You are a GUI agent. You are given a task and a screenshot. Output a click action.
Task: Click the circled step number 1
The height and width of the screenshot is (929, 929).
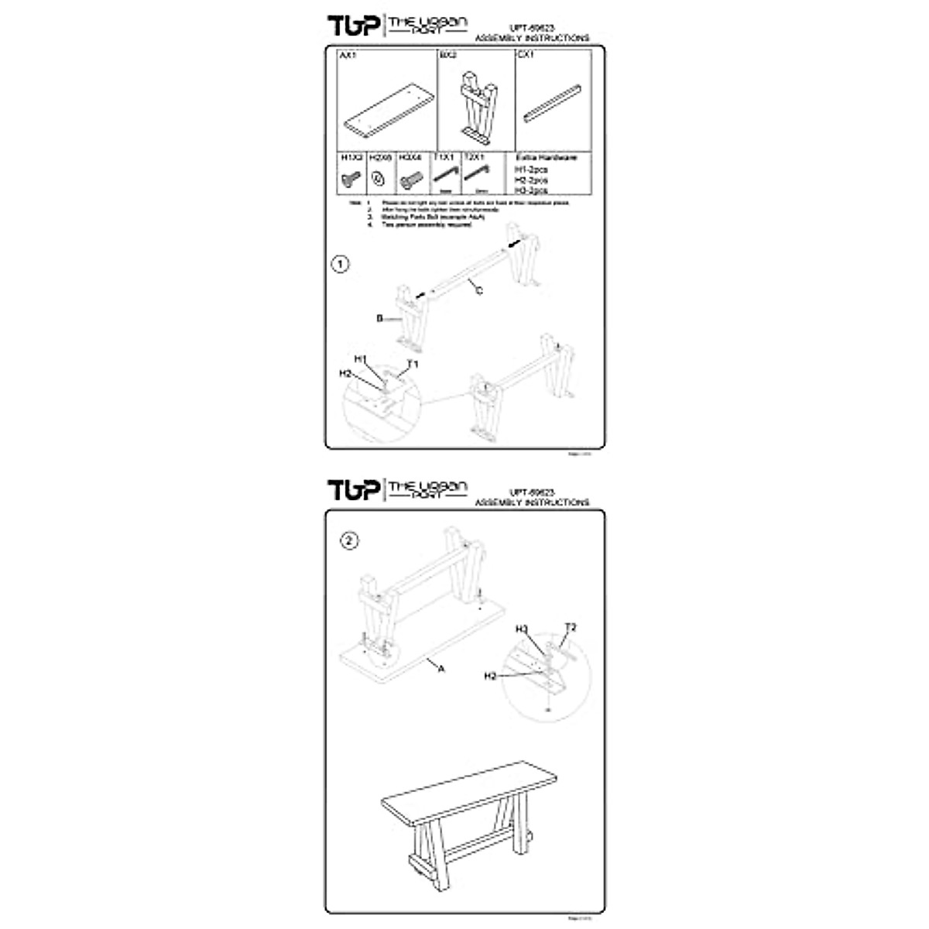[340, 265]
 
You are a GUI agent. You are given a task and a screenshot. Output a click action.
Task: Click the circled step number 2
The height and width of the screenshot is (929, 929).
[350, 541]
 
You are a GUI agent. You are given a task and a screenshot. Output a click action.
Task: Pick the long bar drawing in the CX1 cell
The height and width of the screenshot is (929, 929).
[554, 101]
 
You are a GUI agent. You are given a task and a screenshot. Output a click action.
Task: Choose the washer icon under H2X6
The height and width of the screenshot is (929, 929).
[379, 179]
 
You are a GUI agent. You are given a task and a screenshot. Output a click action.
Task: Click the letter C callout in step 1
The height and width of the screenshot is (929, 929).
[479, 290]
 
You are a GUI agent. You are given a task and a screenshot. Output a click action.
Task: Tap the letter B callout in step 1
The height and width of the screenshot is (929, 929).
[380, 318]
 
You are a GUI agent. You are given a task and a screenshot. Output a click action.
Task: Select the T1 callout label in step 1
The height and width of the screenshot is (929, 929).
[413, 364]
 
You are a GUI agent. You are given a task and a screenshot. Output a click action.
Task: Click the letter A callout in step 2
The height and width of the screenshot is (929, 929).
[441, 670]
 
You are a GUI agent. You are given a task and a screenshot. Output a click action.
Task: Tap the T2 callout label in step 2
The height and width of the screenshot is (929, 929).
[571, 626]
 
